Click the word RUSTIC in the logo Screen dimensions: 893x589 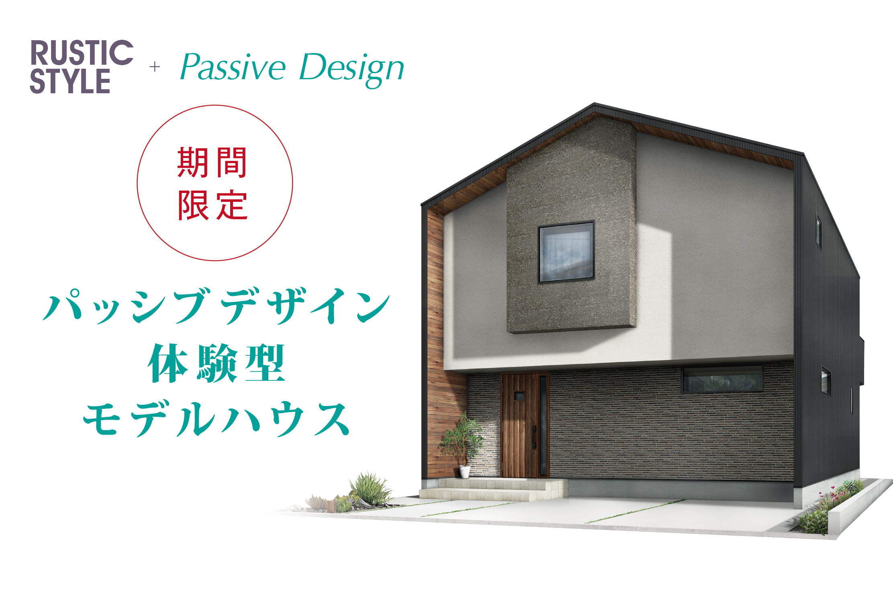pos(82,53)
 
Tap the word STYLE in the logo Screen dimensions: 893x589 pos(70,81)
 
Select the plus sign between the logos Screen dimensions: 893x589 pos(155,67)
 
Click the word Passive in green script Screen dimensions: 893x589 pos(233,67)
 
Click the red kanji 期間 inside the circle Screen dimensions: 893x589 pos(212,162)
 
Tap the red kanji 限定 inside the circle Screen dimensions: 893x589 pos(213,205)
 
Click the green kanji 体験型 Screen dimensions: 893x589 pos(216,363)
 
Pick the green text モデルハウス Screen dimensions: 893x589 pos(216,419)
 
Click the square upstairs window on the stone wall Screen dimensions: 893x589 pos(566,252)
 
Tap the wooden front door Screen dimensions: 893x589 pos(525,425)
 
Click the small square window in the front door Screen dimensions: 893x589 pos(519,396)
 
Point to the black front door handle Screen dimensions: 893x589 pos(534,438)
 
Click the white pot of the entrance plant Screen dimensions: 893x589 pos(464,472)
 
